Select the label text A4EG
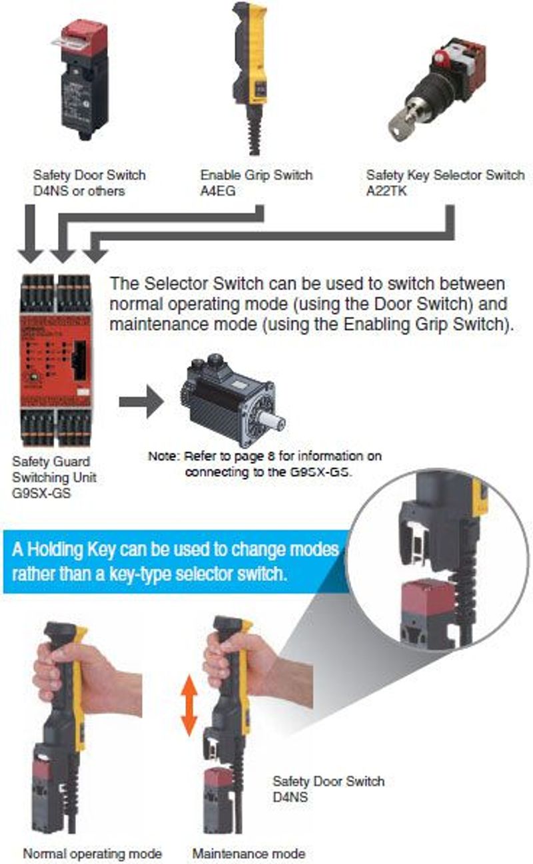(x=218, y=191)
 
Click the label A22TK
(x=386, y=191)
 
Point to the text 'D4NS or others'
(x=79, y=191)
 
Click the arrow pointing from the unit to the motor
(x=141, y=402)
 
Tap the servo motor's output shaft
(x=271, y=421)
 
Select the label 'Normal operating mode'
(x=93, y=853)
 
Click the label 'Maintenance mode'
(x=249, y=853)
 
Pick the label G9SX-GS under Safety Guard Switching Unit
(x=42, y=493)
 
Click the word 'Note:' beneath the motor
(x=164, y=457)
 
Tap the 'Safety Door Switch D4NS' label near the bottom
(x=328, y=789)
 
